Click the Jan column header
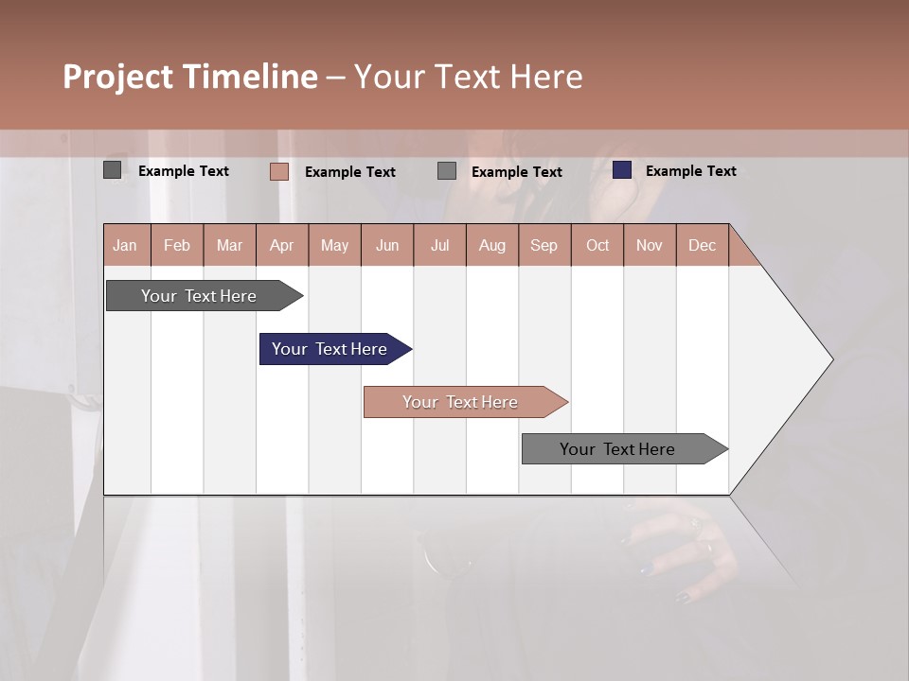click(x=126, y=245)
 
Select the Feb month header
click(x=177, y=245)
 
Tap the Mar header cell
click(x=229, y=245)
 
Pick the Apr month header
click(x=282, y=245)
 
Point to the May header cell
click(x=334, y=245)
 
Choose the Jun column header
click(x=387, y=245)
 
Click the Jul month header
click(x=439, y=245)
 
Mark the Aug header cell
click(x=492, y=245)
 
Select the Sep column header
click(x=544, y=245)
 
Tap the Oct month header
click(x=597, y=245)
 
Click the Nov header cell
click(x=650, y=245)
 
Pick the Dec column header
click(x=703, y=245)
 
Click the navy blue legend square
click(x=621, y=170)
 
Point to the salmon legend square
click(x=278, y=171)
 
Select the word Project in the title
click(x=117, y=77)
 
